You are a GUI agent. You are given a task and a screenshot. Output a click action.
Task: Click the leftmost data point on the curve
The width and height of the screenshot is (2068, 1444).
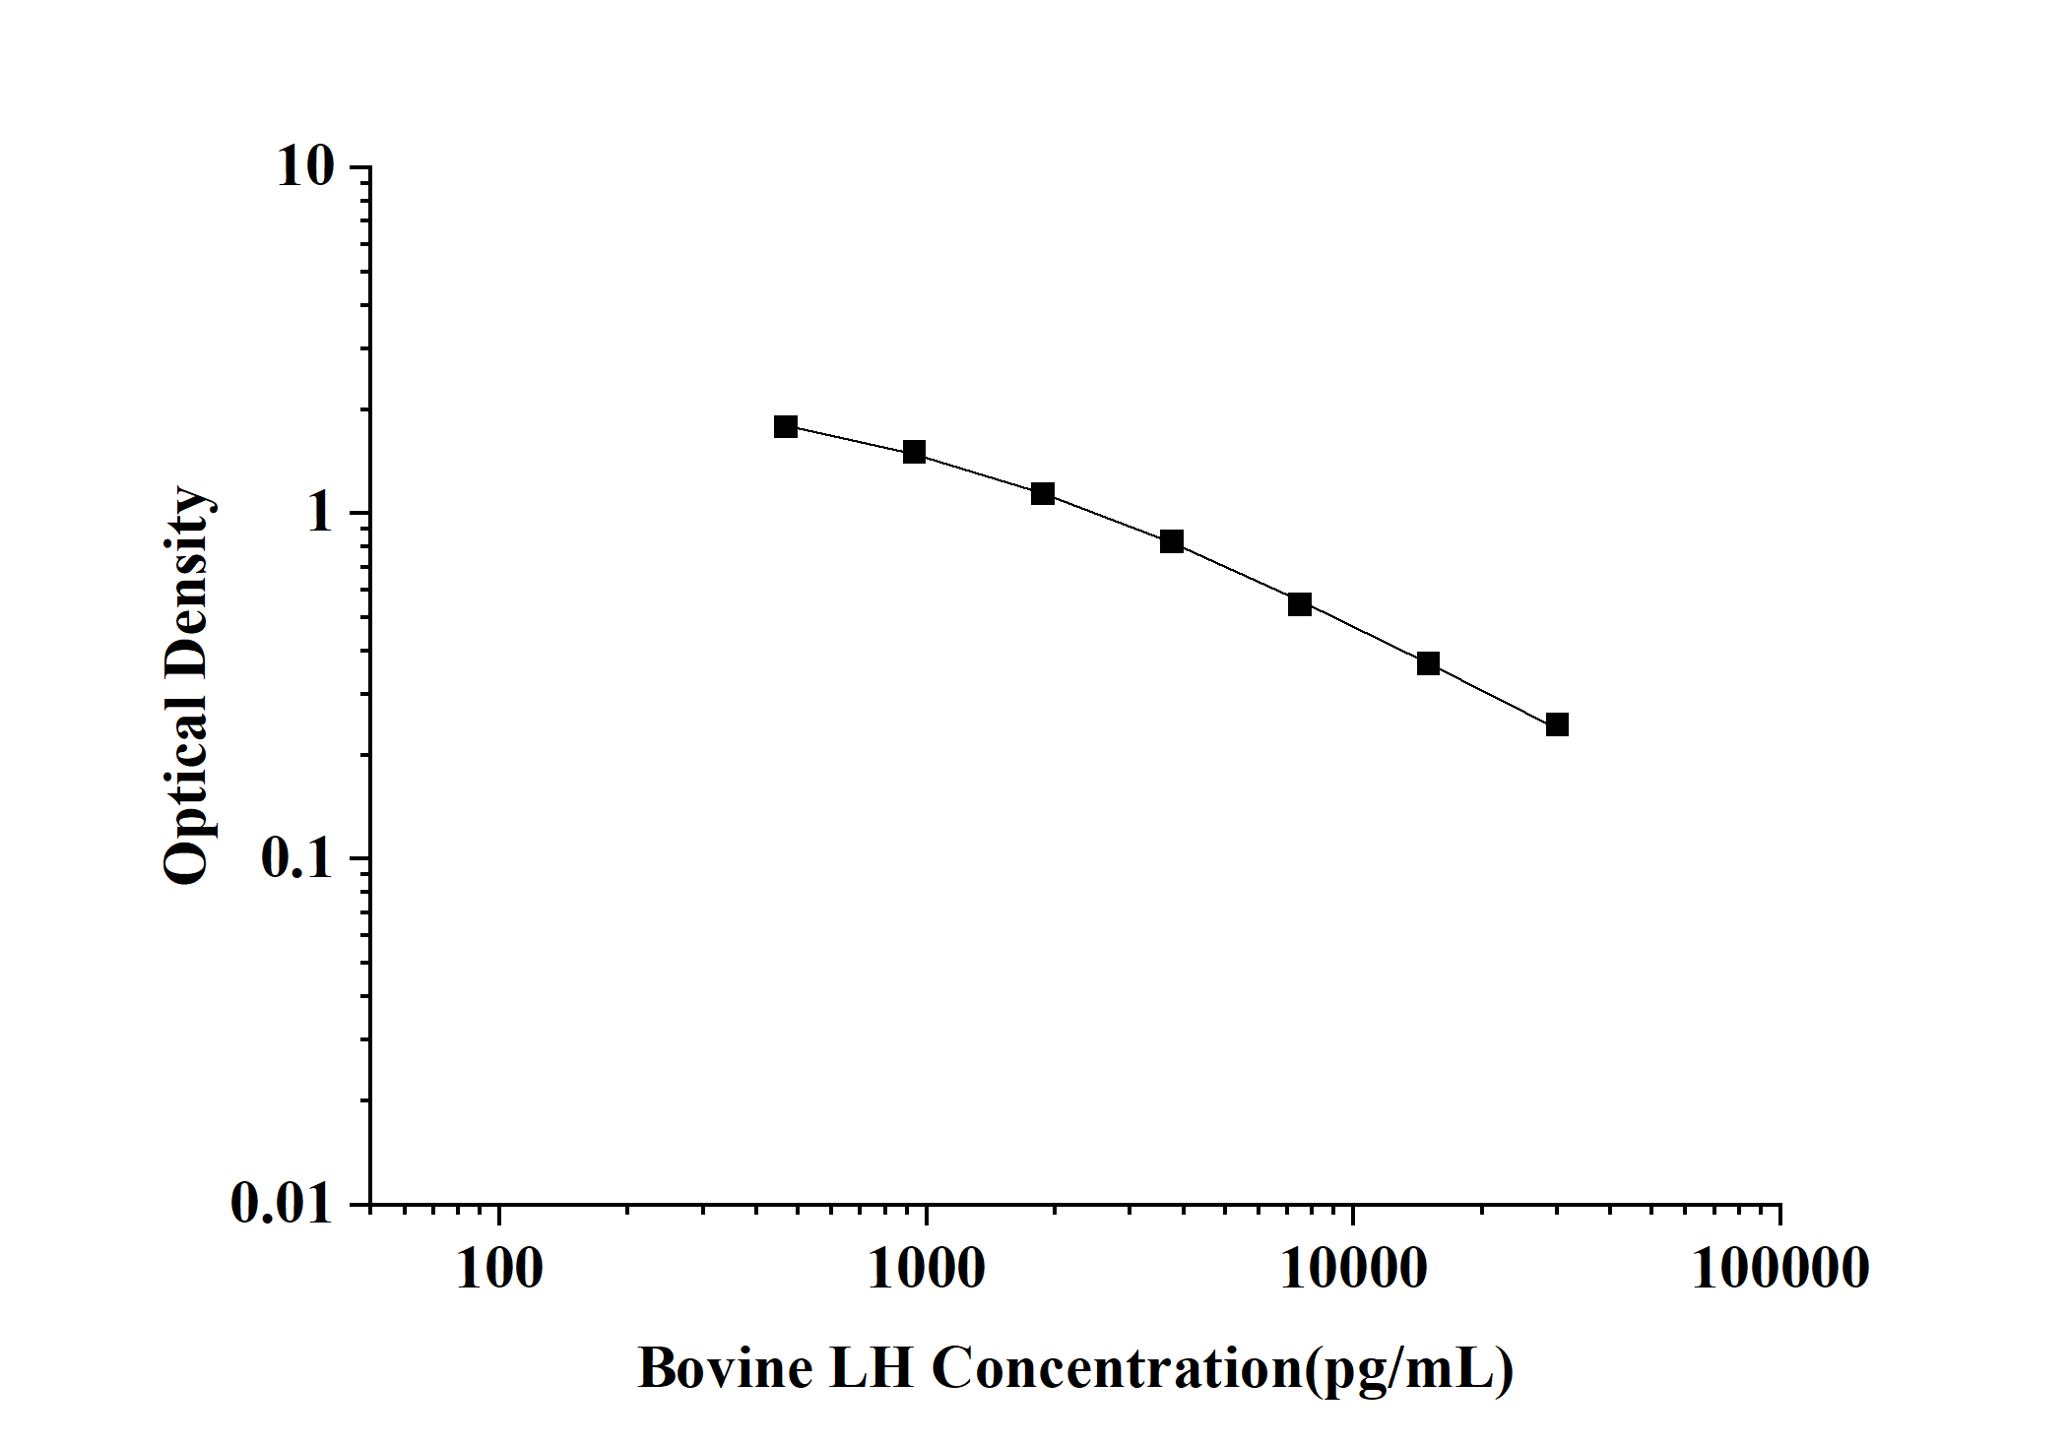[x=785, y=426]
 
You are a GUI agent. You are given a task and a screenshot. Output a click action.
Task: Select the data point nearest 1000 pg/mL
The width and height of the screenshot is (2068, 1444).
[x=914, y=452]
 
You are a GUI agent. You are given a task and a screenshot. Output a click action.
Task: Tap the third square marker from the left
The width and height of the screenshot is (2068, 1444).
[x=1043, y=493]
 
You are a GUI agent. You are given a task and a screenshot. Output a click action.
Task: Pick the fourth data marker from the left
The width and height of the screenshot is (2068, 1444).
[x=1171, y=541]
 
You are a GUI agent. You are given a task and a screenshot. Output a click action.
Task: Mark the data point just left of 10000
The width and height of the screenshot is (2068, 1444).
[x=1300, y=603]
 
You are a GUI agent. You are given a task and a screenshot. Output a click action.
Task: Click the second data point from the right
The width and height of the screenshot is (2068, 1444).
[x=1428, y=663]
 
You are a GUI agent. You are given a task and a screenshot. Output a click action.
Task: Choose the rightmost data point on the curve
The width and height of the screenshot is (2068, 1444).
[x=1557, y=724]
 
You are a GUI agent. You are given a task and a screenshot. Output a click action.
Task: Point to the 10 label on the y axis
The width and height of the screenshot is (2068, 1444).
[x=305, y=167]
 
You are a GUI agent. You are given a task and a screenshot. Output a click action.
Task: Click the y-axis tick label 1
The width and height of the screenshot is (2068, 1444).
[x=320, y=513]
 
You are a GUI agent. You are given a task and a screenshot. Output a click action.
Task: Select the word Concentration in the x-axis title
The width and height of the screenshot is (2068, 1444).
[x=1116, y=1368]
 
